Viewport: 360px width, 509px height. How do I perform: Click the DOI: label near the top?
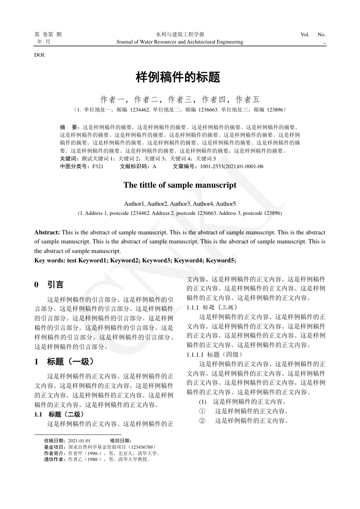point(40,55)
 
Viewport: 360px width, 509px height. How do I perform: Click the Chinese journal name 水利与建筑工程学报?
point(180,34)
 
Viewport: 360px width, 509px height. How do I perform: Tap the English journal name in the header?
point(180,42)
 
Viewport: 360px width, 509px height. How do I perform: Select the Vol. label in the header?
point(305,34)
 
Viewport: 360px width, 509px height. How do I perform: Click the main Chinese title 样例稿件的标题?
point(178,78)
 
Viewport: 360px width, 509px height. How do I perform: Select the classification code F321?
point(98,166)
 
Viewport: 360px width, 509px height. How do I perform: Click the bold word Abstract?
point(47,232)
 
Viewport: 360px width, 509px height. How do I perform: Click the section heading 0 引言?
point(49,285)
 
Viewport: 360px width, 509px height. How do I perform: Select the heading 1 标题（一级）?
point(64,362)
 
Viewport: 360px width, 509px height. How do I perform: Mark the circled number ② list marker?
point(202,421)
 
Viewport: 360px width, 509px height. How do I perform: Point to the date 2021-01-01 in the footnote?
point(79,441)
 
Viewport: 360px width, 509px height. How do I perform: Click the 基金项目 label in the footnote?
point(52,447)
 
